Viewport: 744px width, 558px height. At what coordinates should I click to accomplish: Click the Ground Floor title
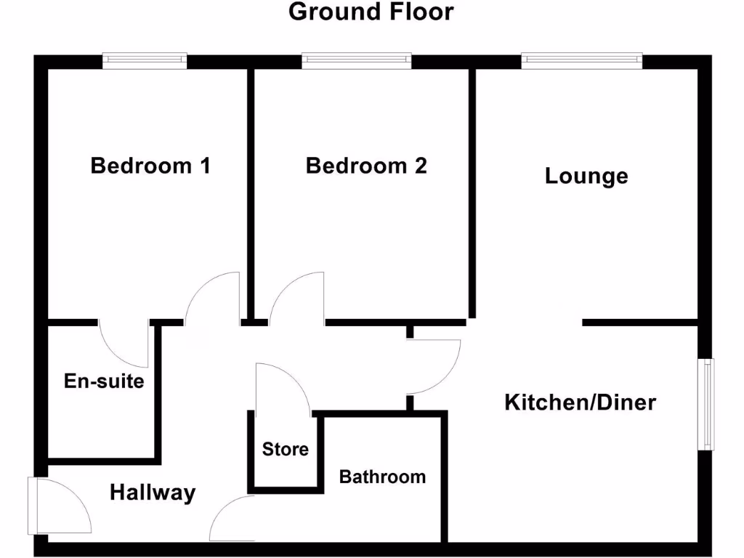pyautogui.click(x=371, y=12)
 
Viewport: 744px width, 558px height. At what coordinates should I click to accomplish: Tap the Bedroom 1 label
pyautogui.click(x=150, y=166)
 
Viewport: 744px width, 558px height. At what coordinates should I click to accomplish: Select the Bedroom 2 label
pyautogui.click(x=366, y=166)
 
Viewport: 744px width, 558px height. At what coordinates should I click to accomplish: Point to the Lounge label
pyautogui.click(x=586, y=176)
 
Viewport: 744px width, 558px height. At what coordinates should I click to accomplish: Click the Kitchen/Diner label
pyautogui.click(x=580, y=402)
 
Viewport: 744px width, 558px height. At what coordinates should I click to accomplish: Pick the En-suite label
pyautogui.click(x=104, y=381)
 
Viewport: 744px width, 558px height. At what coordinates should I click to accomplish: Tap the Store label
pyautogui.click(x=286, y=449)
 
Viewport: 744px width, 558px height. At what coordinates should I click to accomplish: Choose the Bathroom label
pyautogui.click(x=382, y=477)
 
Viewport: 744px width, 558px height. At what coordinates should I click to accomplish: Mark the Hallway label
pyautogui.click(x=153, y=493)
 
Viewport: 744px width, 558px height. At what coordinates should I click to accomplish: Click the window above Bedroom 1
pyautogui.click(x=145, y=61)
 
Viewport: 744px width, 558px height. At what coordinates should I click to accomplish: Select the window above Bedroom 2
pyautogui.click(x=356, y=61)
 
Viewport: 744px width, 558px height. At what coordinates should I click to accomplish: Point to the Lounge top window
pyautogui.click(x=582, y=61)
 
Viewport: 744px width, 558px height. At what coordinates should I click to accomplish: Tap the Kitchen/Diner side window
pyautogui.click(x=705, y=403)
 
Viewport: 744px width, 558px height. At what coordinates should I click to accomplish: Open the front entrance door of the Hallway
pyautogui.click(x=62, y=507)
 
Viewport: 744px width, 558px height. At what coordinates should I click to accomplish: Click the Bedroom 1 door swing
pyautogui.click(x=214, y=298)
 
